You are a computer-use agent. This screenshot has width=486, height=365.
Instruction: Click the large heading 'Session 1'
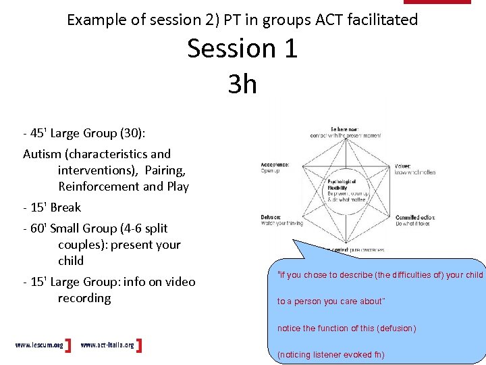coord(242,49)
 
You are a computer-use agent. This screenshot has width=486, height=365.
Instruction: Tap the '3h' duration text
coord(242,84)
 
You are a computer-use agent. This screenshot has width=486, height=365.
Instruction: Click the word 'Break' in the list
coord(65,208)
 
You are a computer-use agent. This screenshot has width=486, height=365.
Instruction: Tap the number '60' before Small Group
coord(38,228)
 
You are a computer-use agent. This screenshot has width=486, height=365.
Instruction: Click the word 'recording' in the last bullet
coord(84,298)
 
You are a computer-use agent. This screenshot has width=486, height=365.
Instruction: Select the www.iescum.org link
coord(39,345)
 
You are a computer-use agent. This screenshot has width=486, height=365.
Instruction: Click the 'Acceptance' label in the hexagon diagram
coord(275,164)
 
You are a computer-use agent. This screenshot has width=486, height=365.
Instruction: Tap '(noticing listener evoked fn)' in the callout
coord(331,355)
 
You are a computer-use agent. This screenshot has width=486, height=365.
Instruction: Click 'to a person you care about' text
coord(330,301)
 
